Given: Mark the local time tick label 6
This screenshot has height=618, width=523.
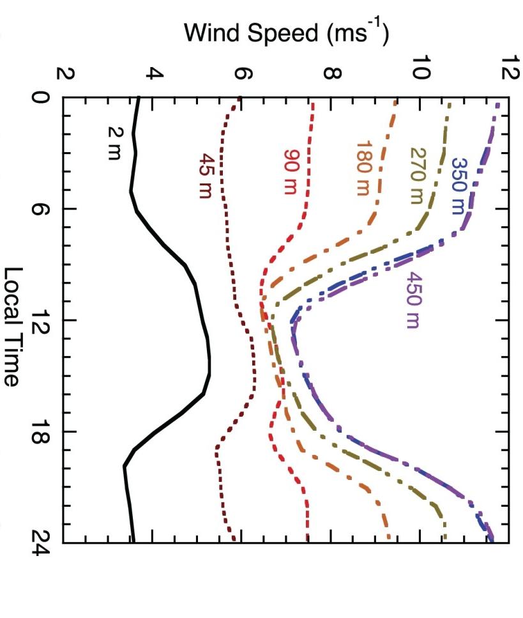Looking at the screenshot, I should [42, 209].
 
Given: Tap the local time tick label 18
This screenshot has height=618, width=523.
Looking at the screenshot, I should [42, 431].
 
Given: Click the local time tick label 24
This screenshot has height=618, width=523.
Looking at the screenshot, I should [42, 543].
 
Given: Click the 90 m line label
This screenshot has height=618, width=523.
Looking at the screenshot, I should [291, 165].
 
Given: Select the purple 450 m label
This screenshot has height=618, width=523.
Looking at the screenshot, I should [413, 300].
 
